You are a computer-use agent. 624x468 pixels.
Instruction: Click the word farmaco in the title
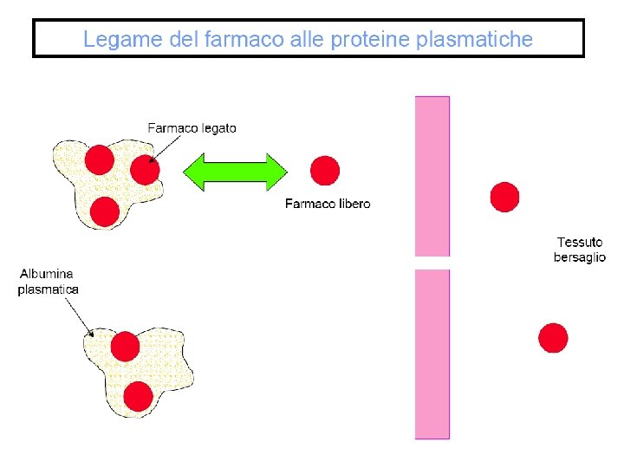click(236, 39)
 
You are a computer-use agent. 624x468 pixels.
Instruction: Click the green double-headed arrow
click(235, 172)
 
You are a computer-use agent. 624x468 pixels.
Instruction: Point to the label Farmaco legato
click(192, 127)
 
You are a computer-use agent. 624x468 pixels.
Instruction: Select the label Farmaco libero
click(328, 204)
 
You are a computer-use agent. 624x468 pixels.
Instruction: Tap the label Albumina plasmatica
click(49, 282)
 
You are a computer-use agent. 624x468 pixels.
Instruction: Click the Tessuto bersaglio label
click(580, 250)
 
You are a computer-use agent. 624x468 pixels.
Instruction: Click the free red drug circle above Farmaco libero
click(325, 171)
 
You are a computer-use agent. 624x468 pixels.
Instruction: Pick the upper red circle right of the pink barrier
click(504, 197)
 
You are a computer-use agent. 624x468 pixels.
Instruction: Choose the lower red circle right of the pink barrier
click(553, 337)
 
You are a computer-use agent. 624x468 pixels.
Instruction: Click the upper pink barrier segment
click(432, 175)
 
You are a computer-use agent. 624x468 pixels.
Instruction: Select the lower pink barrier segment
click(432, 353)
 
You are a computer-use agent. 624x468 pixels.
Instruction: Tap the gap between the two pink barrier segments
click(432, 263)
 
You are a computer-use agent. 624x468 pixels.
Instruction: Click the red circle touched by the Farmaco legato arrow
click(145, 170)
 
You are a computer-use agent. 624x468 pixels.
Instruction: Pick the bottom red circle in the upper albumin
click(104, 211)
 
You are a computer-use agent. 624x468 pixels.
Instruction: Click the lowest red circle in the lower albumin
click(139, 395)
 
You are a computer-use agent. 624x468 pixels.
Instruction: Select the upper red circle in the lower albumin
click(126, 347)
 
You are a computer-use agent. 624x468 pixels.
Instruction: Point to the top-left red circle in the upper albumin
click(99, 159)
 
